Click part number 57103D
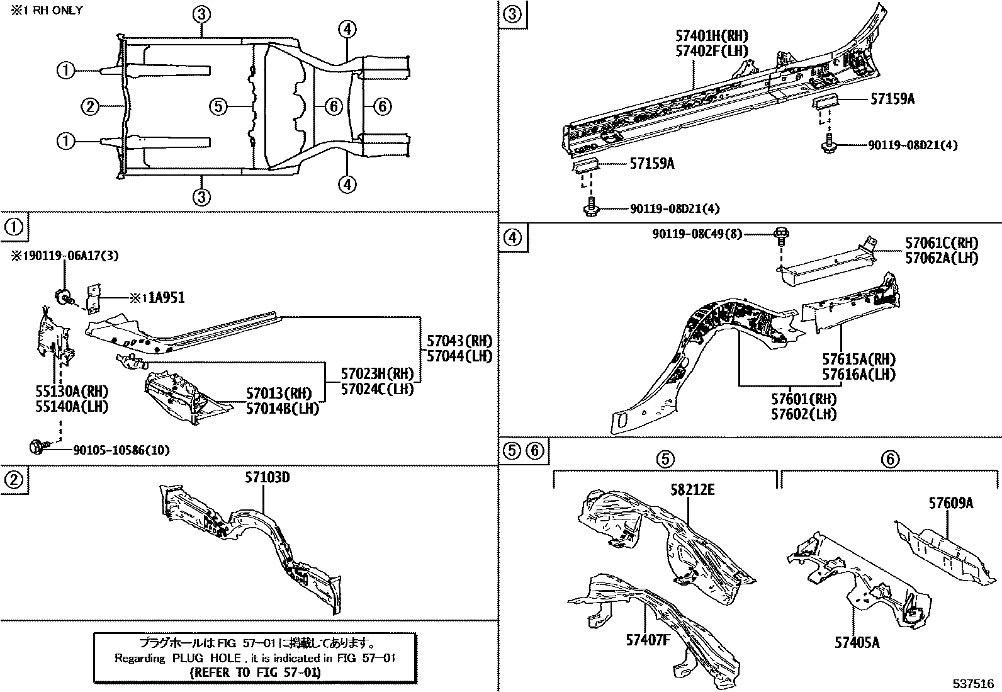point(267,477)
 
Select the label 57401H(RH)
point(712,37)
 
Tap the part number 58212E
point(692,490)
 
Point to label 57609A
point(951,502)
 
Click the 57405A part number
point(857,642)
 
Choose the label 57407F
point(648,640)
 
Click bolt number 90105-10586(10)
point(121,450)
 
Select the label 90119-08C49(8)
point(697,234)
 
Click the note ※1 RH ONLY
point(42,11)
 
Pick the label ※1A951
point(157,298)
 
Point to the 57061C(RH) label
point(942,242)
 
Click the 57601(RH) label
point(804,399)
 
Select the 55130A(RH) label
point(72,391)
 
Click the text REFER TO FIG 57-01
point(255,672)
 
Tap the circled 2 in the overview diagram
point(90,106)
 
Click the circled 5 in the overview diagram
point(217,106)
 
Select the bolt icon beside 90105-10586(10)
point(36,447)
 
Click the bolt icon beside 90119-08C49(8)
point(782,235)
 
